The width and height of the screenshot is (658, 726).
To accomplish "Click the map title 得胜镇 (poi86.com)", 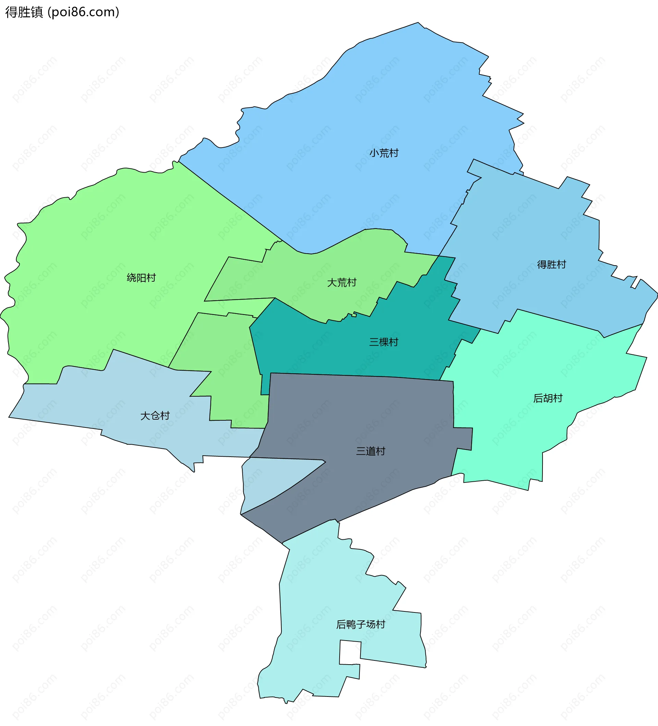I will pos(62,12).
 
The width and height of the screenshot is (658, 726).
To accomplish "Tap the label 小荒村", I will pos(384,153).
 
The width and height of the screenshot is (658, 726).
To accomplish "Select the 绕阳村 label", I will pos(141,278).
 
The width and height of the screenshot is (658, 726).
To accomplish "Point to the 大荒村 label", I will pos(341,282).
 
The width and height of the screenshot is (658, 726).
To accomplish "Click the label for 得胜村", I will pos(551,264).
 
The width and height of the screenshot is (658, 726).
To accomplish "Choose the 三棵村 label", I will pos(383,342).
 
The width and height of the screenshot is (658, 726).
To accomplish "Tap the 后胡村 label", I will pos(548,398).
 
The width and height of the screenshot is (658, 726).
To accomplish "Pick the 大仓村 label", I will pos(155,415).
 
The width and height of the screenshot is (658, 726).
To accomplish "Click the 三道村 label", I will pos(370,451).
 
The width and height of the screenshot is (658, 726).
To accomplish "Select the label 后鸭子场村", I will pos(361,624).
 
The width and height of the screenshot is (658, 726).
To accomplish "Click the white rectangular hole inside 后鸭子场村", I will pos(350,652).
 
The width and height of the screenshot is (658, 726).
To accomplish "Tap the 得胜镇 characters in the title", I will pos(24,12).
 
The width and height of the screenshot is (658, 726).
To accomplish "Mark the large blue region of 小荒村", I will pos(360,108).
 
